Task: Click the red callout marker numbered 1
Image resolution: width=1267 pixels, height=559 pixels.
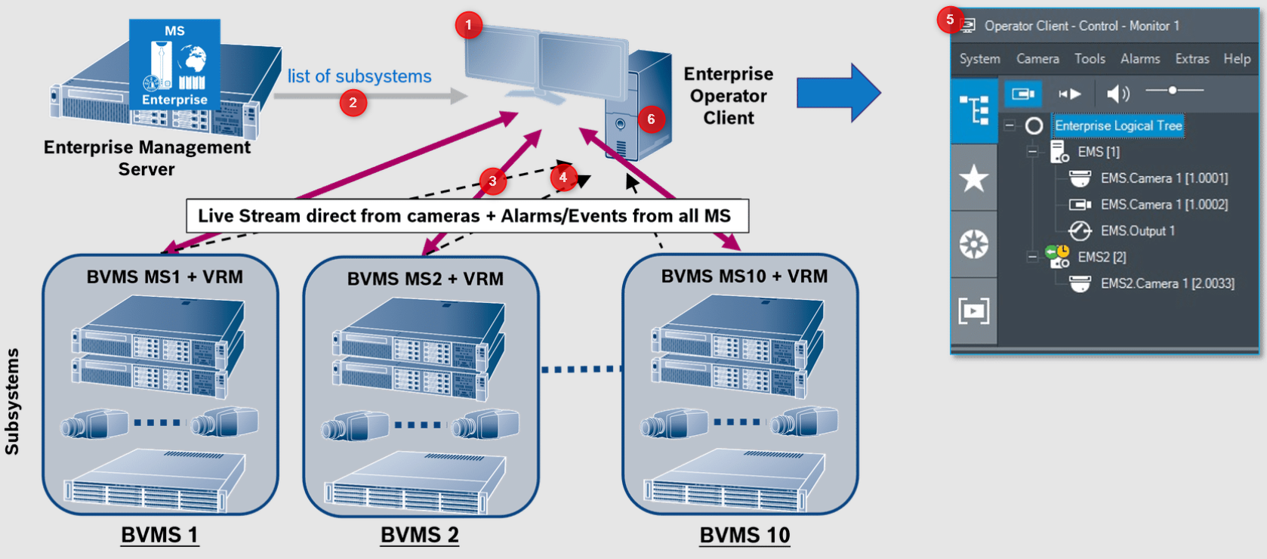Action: click(468, 26)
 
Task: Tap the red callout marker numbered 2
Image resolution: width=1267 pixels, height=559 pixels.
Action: click(353, 102)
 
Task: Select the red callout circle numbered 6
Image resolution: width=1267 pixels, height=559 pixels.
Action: click(651, 119)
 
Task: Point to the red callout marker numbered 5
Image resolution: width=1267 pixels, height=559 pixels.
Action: click(950, 20)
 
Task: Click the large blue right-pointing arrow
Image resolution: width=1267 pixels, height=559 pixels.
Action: click(838, 93)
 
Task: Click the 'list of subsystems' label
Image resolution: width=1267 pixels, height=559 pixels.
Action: click(359, 76)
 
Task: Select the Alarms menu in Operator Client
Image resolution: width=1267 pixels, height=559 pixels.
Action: click(1139, 59)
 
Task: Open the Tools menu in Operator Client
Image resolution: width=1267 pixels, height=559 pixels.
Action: click(1090, 59)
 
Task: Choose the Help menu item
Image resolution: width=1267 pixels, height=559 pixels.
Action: click(1237, 59)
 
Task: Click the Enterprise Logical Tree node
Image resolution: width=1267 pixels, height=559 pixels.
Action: click(1117, 126)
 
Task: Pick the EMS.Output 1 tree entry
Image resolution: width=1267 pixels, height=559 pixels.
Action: click(1137, 231)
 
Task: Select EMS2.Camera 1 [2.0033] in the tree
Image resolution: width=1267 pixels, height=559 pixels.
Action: click(1167, 283)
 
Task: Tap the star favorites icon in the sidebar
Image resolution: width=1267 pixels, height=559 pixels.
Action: click(974, 179)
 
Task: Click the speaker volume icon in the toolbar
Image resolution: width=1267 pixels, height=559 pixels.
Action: click(1117, 94)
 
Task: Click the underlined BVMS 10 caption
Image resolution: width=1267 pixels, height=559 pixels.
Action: click(744, 535)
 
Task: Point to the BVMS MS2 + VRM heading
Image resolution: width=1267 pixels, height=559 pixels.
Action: click(425, 279)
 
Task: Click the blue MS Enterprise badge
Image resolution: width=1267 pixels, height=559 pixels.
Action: click(174, 65)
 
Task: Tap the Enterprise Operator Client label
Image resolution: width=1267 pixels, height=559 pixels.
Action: click(729, 96)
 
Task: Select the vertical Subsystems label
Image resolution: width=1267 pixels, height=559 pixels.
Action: click(12, 401)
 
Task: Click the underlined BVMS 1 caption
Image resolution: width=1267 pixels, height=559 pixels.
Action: click(159, 535)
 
